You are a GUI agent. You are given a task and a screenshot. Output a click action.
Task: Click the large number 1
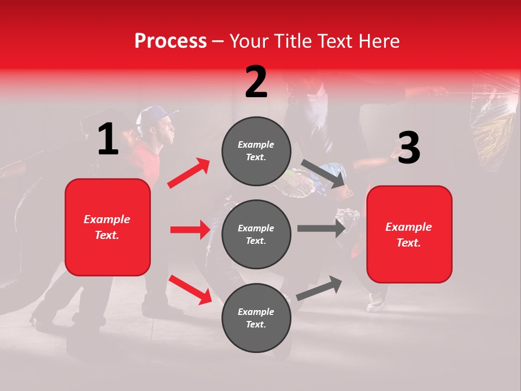108,139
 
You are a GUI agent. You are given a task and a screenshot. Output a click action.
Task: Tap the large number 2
256,82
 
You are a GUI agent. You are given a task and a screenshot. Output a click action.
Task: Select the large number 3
409,148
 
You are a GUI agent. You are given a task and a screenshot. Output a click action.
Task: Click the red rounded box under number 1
107,227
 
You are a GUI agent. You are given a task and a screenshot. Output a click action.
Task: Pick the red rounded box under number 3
409,234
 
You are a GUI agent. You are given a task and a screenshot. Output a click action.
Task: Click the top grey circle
256,151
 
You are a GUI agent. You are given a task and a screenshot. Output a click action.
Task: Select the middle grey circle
256,234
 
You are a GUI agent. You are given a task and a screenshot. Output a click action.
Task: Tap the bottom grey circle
256,318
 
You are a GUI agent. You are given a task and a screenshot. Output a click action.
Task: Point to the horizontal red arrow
190,230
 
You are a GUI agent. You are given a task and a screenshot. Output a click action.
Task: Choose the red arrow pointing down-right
190,289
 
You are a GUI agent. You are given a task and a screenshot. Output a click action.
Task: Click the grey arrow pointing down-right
323,173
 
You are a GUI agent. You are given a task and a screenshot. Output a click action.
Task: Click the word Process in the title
170,41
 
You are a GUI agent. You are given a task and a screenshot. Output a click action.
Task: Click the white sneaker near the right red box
376,301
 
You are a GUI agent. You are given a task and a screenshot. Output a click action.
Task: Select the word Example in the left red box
107,219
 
